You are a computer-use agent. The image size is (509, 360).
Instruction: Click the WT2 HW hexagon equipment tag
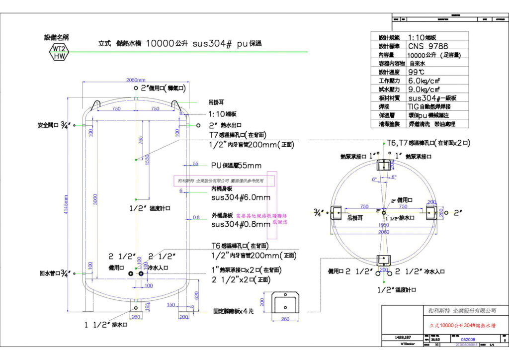(x=59, y=52)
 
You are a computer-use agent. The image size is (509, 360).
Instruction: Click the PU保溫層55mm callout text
(x=237, y=165)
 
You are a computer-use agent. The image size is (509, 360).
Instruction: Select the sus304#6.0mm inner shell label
(x=241, y=197)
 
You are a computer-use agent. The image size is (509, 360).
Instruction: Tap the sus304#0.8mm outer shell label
(x=241, y=224)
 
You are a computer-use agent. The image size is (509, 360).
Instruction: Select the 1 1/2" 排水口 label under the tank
(x=106, y=325)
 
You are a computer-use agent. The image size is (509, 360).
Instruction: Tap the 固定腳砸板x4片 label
(x=234, y=310)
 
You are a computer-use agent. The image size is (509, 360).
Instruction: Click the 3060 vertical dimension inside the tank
(x=95, y=200)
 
